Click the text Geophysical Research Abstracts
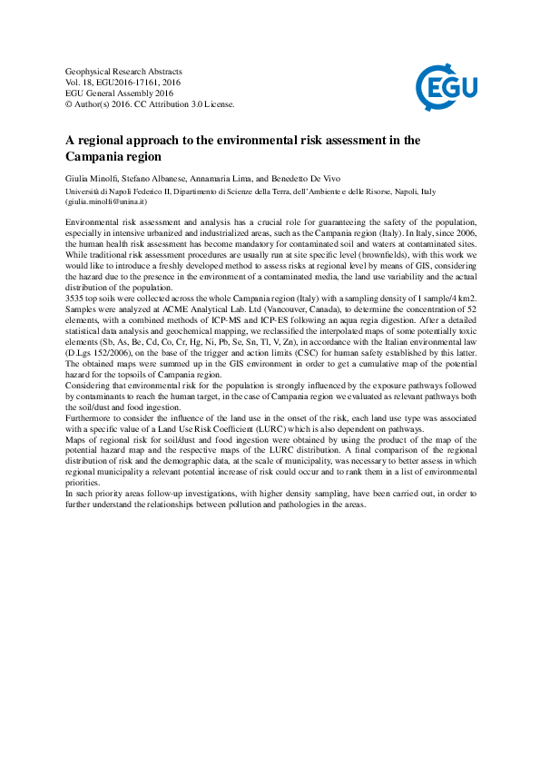click(x=123, y=71)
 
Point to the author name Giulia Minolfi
click(x=93, y=179)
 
